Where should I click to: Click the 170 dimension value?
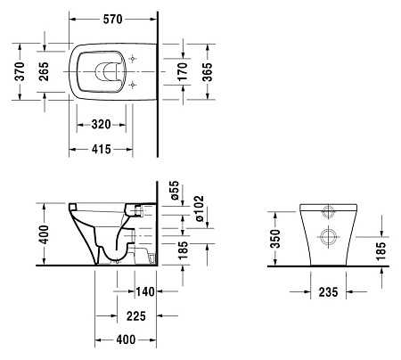coord(183,73)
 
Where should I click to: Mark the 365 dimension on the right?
coord(208,73)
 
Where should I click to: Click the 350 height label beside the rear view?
coord(275,239)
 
